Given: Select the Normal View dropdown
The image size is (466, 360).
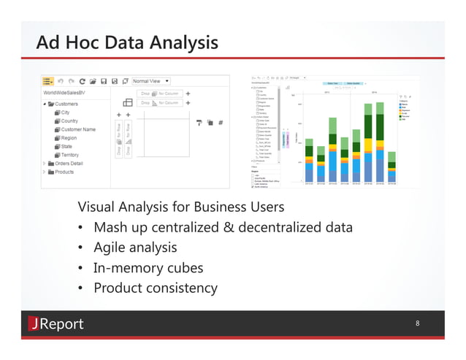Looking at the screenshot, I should tap(151, 81).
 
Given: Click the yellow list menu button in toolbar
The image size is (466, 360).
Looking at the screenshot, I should tap(48, 81).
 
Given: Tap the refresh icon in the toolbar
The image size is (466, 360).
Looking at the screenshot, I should tap(83, 81).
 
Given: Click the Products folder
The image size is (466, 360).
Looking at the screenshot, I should tap(64, 172).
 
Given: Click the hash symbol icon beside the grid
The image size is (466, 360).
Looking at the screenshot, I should tap(221, 122).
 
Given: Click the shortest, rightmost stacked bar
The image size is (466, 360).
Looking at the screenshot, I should tap(392, 167).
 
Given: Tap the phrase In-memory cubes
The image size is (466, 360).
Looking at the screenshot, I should tap(148, 267).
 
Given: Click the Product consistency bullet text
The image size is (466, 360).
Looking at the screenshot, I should tap(155, 288).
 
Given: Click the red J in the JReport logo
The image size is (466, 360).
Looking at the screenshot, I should tap(34, 323).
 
